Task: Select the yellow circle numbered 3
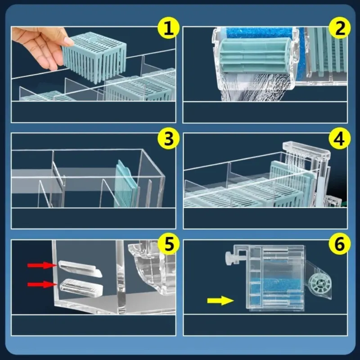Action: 168,139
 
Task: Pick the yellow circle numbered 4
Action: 340,139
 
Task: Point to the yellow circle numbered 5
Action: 168,244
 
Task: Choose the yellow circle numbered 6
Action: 340,244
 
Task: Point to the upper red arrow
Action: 42,265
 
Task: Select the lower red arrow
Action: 42,285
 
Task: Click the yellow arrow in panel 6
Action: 220,301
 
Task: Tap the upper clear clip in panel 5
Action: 80,269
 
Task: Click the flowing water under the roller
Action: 255,87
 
